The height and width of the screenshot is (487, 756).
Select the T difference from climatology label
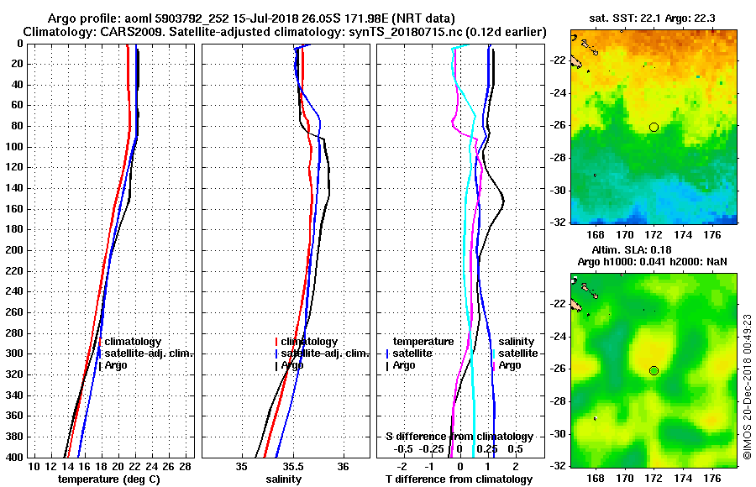click(x=459, y=479)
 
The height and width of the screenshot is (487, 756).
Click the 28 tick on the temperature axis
click(x=186, y=466)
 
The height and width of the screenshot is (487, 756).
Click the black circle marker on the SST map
click(x=654, y=127)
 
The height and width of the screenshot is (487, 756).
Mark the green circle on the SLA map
click(x=654, y=370)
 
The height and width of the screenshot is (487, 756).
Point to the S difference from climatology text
click(x=459, y=437)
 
